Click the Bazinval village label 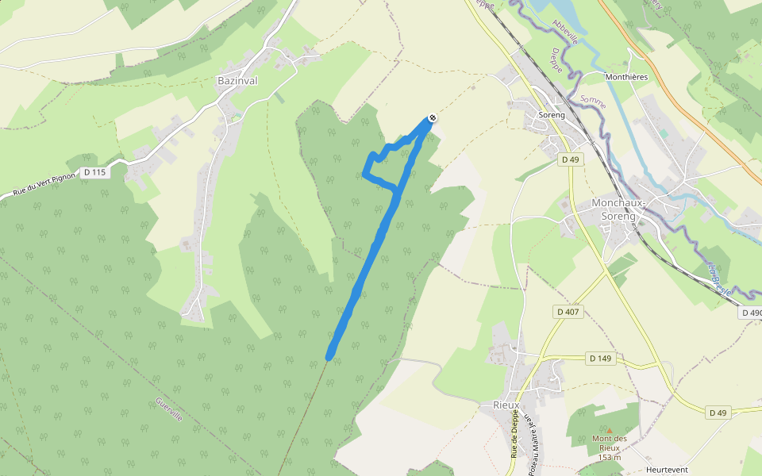[x=237, y=80]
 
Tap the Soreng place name [x=552, y=115]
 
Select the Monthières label [x=626, y=77]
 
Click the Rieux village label [x=506, y=405]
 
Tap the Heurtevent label [x=666, y=469]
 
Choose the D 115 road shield [x=94, y=173]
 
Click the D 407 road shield [x=568, y=312]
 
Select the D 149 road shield [x=601, y=359]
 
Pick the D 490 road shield [x=752, y=313]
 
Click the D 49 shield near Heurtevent [x=718, y=413]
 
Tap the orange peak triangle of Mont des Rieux [x=610, y=430]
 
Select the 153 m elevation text [x=609, y=457]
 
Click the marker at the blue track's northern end [x=431, y=119]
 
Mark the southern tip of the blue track [x=329, y=356]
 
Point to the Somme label [x=593, y=102]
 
